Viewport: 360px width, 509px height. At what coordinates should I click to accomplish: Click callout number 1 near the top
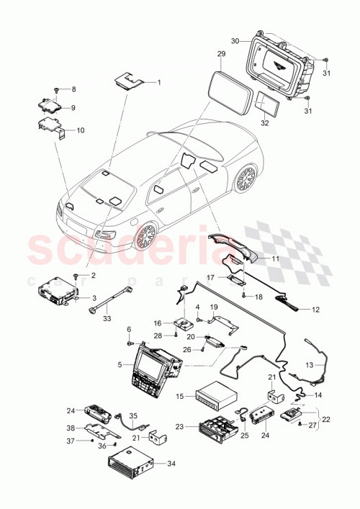click(159, 82)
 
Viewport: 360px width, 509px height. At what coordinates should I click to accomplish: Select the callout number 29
click(221, 54)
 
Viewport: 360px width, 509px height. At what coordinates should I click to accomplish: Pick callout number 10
click(81, 130)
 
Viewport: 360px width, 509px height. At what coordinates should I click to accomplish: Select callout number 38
click(71, 427)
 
